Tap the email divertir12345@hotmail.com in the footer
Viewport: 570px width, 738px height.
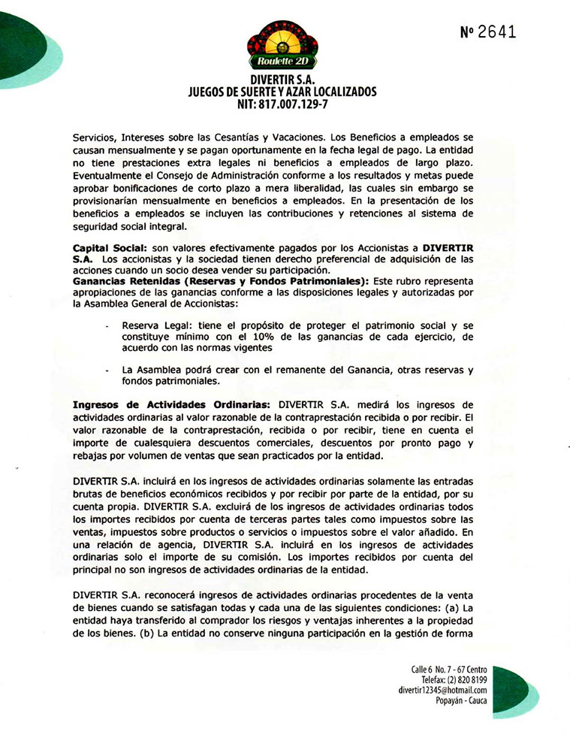coord(443,690)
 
